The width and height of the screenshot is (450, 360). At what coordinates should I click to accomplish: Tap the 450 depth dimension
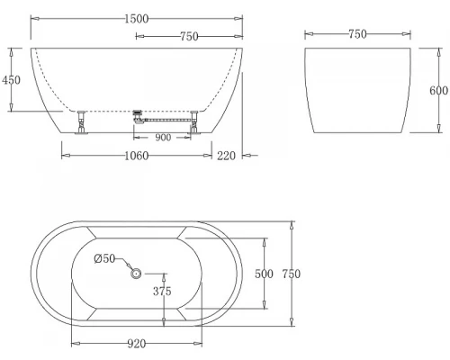11,79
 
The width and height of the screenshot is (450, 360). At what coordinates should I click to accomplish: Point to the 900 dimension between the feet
163,138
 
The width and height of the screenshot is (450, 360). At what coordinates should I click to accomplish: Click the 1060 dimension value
137,155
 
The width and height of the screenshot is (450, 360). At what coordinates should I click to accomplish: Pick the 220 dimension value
226,155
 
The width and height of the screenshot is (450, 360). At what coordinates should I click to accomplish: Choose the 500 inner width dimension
263,274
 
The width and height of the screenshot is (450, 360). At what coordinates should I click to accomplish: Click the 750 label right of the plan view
290,274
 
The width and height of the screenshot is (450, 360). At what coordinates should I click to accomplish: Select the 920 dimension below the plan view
138,343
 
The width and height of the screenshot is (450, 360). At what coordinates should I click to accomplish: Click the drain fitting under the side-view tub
138,113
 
